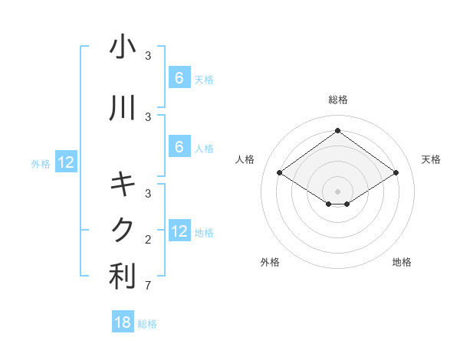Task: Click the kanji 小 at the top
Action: pos(123,47)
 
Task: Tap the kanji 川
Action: pos(123,110)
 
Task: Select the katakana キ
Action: pos(123,184)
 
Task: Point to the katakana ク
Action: pos(123,229)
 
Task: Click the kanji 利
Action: pos(123,277)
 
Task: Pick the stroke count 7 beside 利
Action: pos(147,286)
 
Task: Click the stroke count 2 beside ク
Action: pos(147,240)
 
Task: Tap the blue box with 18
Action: pos(123,322)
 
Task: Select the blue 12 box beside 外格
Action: pos(65,162)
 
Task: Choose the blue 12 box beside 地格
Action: pos(179,231)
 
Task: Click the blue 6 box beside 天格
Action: pos(179,78)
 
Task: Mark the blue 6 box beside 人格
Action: pos(179,147)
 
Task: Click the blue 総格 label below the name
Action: pos(147,324)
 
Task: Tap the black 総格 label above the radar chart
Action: pos(337,100)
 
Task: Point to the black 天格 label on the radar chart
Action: pos(431,159)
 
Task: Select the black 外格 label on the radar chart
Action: pos(270,262)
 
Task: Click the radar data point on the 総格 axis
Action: pos(337,130)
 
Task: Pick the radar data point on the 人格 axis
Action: pos(279,173)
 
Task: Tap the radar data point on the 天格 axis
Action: pos(396,173)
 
